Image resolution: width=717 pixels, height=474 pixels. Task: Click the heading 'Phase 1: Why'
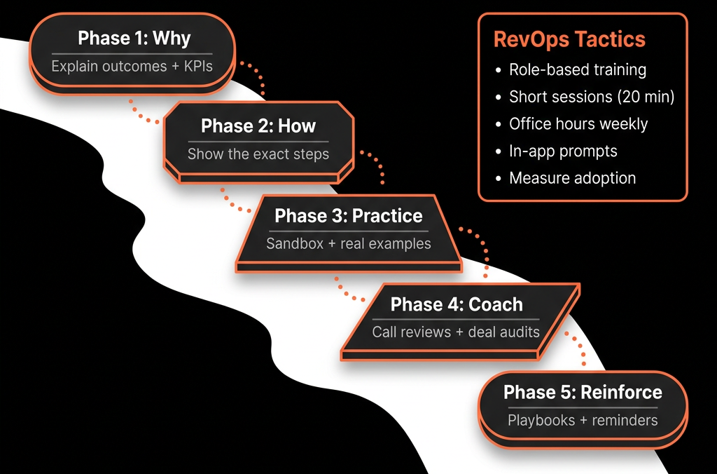tap(134, 39)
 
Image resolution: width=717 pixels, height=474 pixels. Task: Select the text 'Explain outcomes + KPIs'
tap(132, 67)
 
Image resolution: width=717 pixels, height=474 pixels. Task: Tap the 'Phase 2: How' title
tap(258, 126)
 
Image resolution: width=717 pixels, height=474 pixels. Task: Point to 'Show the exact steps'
tap(258, 154)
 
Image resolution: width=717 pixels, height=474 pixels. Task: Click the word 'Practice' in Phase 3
tap(388, 216)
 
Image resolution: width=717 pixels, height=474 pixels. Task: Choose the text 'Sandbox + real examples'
tap(349, 243)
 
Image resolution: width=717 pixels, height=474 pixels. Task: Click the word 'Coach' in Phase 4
tap(496, 304)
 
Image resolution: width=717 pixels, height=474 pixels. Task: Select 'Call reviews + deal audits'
tap(456, 332)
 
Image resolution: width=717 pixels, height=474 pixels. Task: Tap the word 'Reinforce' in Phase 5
tap(622, 393)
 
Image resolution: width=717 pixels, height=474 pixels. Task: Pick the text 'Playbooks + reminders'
tap(583, 421)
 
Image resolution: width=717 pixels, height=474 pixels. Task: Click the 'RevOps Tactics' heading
tap(569, 39)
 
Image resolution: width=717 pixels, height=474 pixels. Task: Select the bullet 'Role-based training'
tap(578, 69)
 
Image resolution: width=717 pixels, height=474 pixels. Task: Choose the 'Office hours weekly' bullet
tap(578, 124)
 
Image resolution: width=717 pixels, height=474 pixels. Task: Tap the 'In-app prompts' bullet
tap(564, 151)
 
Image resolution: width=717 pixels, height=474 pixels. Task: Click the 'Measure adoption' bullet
tap(573, 178)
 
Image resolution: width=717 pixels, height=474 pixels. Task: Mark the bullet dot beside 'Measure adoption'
tap(499, 179)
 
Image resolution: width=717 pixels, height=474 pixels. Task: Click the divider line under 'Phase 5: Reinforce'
tap(583, 407)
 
